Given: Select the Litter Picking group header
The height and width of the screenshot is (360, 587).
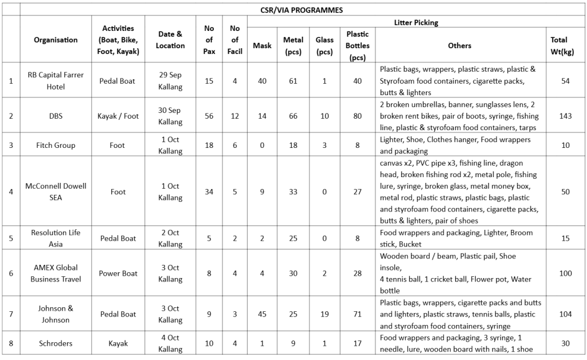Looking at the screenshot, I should pos(416,22).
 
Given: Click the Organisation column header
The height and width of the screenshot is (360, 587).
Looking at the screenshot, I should pos(56,40).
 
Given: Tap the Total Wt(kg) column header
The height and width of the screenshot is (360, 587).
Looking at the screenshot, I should pos(565,45).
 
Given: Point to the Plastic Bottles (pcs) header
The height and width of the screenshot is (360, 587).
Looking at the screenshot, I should pos(357,45).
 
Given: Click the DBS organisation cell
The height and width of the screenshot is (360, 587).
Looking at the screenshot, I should pos(56,116).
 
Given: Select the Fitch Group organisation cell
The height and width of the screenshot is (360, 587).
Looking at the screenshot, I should pos(56,145).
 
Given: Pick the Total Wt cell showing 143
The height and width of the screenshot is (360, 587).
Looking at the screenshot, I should pos(565,116).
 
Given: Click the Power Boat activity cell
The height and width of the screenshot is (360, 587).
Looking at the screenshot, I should pos(118,273).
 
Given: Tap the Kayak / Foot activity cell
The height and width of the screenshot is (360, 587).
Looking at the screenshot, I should pos(118,116).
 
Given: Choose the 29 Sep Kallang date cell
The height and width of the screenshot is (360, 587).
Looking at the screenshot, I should pos(170,81).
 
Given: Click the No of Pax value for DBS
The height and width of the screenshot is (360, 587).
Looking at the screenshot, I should pos(209,116).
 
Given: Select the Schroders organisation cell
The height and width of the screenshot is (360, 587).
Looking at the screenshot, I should pos(56,343).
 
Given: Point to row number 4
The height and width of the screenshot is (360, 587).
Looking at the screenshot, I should pos(11,191).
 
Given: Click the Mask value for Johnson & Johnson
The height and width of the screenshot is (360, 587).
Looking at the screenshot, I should pos(262,314).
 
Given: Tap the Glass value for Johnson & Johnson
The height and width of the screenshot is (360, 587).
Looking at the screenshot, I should pos(324,314).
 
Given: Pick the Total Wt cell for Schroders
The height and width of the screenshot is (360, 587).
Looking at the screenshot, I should pos(565,343).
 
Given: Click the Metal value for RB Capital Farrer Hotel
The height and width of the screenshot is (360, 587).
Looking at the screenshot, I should pos(293,81).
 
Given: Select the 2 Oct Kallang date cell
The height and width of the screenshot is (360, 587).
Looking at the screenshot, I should pos(170,238).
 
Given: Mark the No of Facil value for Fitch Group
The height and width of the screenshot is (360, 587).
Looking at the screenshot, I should pos(234,145).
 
